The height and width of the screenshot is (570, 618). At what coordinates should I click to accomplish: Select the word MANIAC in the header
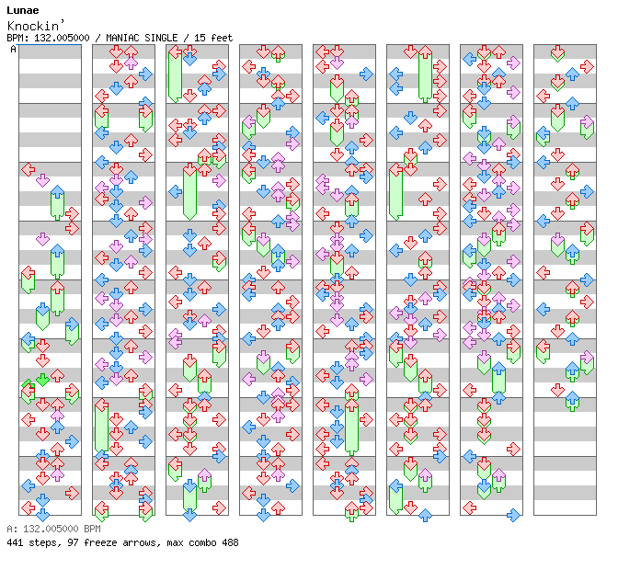(x=124, y=38)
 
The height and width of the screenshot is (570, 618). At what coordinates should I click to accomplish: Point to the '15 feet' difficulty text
(x=212, y=38)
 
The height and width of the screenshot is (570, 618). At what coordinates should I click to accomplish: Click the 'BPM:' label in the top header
(x=17, y=38)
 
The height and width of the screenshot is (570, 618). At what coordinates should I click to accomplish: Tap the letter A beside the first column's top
(x=14, y=50)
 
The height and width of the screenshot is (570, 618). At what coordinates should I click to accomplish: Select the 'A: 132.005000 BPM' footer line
(x=52, y=530)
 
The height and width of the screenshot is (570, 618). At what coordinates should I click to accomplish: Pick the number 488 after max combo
(x=229, y=542)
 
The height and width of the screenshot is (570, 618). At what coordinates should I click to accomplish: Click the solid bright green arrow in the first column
(x=42, y=379)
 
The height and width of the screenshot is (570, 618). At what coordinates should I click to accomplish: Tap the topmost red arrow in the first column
(x=28, y=169)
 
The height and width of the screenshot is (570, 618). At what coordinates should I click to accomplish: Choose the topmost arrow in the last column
(x=557, y=53)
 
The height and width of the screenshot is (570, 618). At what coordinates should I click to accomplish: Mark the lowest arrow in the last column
(x=572, y=401)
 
